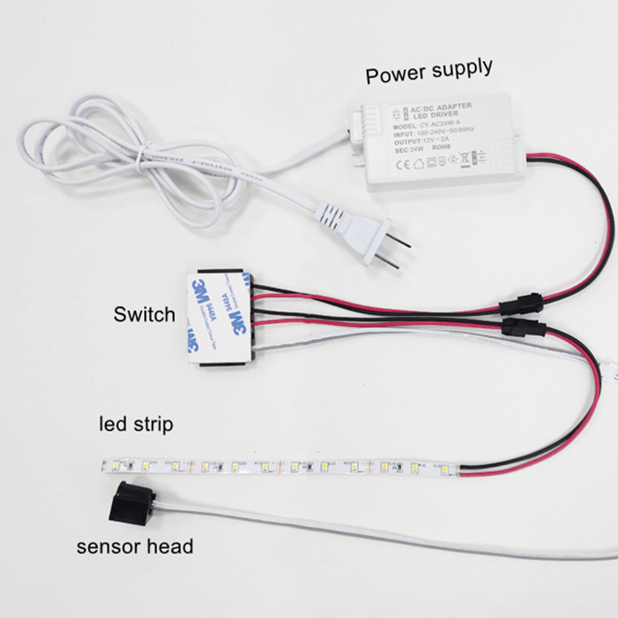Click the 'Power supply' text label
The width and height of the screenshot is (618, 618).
pyautogui.click(x=429, y=72)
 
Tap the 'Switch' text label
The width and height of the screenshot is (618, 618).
pyautogui.click(x=144, y=314)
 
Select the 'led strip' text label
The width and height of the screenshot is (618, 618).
pyautogui.click(x=136, y=424)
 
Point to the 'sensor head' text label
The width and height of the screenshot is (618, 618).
pyautogui.click(x=134, y=547)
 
